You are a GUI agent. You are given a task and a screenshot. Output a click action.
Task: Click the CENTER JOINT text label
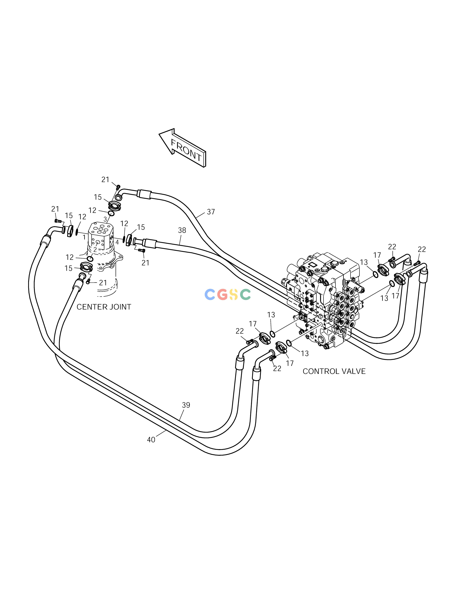pos(104,307)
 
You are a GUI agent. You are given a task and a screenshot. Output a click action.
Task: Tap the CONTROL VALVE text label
pos(334,371)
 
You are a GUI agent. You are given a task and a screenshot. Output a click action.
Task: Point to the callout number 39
pos(186,413)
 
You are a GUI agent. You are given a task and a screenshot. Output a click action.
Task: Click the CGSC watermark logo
pos(227,294)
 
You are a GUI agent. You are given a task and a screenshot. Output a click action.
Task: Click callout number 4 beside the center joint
pos(117,242)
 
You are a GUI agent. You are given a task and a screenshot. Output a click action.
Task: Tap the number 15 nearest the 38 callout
pos(141,227)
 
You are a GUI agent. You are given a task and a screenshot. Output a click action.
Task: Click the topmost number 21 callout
pos(105,180)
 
